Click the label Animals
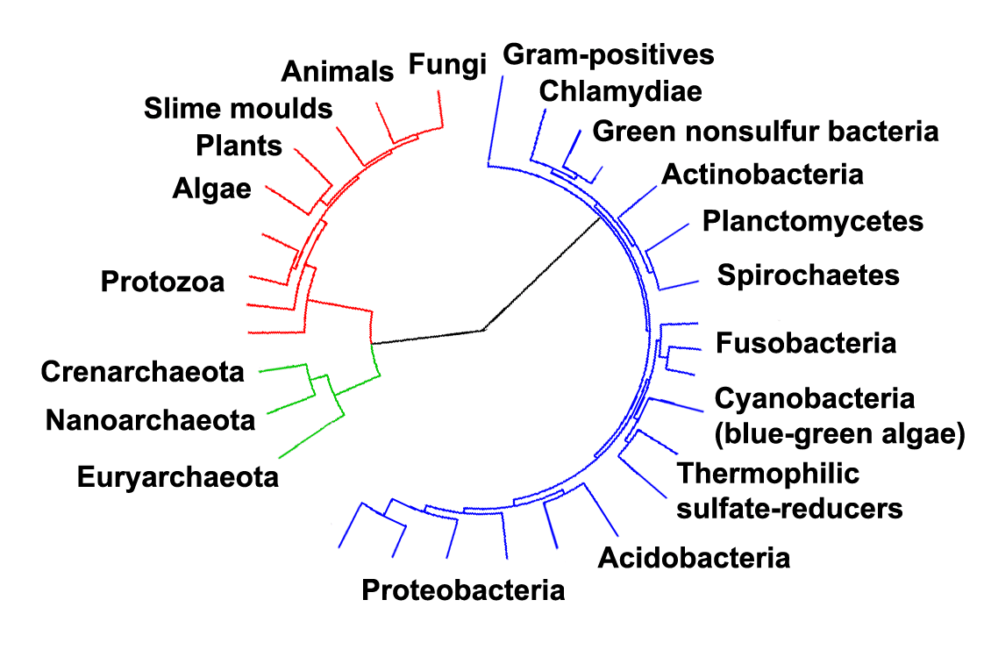[x=339, y=72]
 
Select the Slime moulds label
[x=238, y=109]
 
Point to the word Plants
[x=239, y=145]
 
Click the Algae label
[x=212, y=188]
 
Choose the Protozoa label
[x=162, y=282]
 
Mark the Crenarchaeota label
[x=142, y=372]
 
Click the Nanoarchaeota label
[x=150, y=420]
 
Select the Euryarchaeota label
[x=177, y=478]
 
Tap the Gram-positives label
[x=609, y=54]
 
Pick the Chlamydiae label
[x=620, y=90]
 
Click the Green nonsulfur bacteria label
[x=766, y=132]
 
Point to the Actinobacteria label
[x=761, y=175]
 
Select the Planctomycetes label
[x=812, y=221]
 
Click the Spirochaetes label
[x=808, y=275]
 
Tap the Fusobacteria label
[x=806, y=342]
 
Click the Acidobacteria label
[x=693, y=557]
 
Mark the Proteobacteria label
[x=463, y=589]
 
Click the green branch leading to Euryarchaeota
[x=307, y=439]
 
